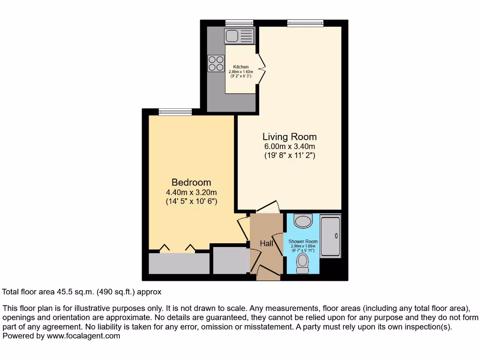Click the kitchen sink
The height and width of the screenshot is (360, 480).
tap(239, 36)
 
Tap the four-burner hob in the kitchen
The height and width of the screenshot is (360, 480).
tap(216, 63)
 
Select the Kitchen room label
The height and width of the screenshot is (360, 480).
tap(240, 67)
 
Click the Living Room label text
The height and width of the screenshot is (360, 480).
tap(289, 137)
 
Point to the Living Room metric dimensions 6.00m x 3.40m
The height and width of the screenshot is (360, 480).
tap(289, 147)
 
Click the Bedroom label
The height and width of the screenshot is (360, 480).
tap(191, 182)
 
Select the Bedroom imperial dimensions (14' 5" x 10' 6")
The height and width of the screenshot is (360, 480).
tap(191, 201)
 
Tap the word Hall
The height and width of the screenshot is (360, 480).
tap(266, 243)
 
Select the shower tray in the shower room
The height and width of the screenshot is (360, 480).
tap(331, 236)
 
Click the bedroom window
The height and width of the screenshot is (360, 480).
tap(175, 112)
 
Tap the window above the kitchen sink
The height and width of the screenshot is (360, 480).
tap(239, 22)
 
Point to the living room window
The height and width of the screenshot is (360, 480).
tap(305, 22)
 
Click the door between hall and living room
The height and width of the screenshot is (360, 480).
tap(268, 207)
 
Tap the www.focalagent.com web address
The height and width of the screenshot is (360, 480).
tap(82, 336)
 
